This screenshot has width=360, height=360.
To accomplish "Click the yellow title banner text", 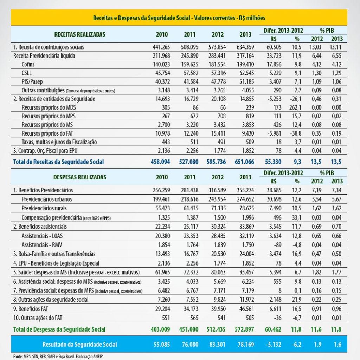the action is pyautogui.click(x=179, y=18).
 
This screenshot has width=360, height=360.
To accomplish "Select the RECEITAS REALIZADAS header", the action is pyautogui.click(x=79, y=34).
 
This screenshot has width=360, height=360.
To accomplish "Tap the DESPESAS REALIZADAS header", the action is pyautogui.click(x=79, y=177).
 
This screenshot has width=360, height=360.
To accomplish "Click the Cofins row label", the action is pyautogui.click(x=28, y=64).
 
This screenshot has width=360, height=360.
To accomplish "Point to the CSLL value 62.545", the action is pyautogui.click(x=245, y=73).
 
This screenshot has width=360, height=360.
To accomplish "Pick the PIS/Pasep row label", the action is pyautogui.click(x=32, y=81).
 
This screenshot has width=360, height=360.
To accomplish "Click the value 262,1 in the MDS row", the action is pyautogui.click(x=295, y=107).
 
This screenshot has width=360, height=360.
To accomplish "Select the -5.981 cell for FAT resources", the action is pyautogui.click(x=274, y=133).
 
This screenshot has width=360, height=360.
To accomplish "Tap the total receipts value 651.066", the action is pyautogui.click(x=244, y=162).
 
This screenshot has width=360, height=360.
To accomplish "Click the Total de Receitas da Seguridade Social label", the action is pyautogui.click(x=58, y=162).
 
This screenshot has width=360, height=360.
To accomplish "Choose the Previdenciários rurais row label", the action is pyautogui.click(x=44, y=208).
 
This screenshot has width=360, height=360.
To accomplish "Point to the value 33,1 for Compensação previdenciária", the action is pyautogui.click(x=297, y=217).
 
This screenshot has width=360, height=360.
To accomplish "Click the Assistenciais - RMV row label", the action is pyautogui.click(x=42, y=245).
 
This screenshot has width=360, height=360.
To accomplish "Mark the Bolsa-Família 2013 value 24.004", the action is pyautogui.click(x=245, y=254).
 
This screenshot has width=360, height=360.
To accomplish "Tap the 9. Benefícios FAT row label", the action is pyautogui.click(x=31, y=309).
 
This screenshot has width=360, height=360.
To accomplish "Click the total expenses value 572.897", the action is pyautogui.click(x=244, y=329).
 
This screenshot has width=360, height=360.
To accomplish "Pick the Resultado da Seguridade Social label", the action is pyautogui.click(x=79, y=345).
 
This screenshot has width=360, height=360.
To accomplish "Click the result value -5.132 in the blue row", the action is pyautogui.click(x=273, y=345).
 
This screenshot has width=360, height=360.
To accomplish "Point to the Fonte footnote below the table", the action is pyautogui.click(x=58, y=356).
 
